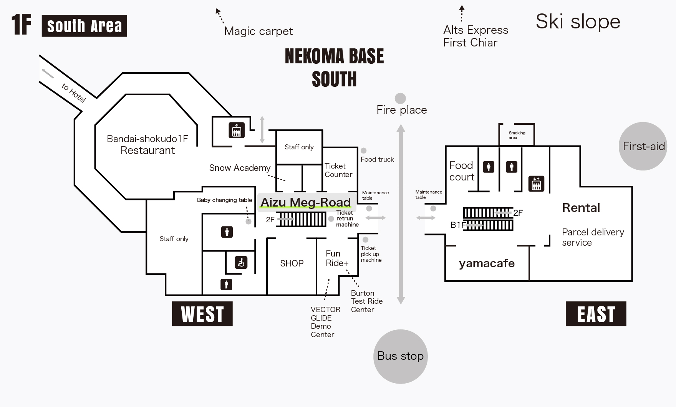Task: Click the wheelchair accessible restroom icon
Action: tap(241, 263)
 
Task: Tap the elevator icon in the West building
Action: tap(237, 130)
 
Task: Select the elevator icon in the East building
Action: tap(536, 184)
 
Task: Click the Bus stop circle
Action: tap(401, 356)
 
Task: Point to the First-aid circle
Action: tap(643, 146)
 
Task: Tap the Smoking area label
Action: tap(517, 135)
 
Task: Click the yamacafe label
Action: tap(487, 263)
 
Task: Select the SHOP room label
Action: tap(292, 263)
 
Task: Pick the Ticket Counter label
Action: tap(338, 170)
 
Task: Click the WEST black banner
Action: tap(202, 314)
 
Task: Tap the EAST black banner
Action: tap(596, 314)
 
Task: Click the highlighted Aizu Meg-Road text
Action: tap(306, 202)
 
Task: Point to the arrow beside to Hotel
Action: tap(48, 73)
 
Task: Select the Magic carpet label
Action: tap(258, 31)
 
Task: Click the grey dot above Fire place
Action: tap(400, 98)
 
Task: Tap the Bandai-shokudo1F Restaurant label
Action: tap(147, 144)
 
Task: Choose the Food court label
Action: tap(462, 171)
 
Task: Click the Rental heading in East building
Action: tap(581, 208)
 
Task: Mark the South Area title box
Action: tap(84, 26)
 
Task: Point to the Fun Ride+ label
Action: tap(337, 258)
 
